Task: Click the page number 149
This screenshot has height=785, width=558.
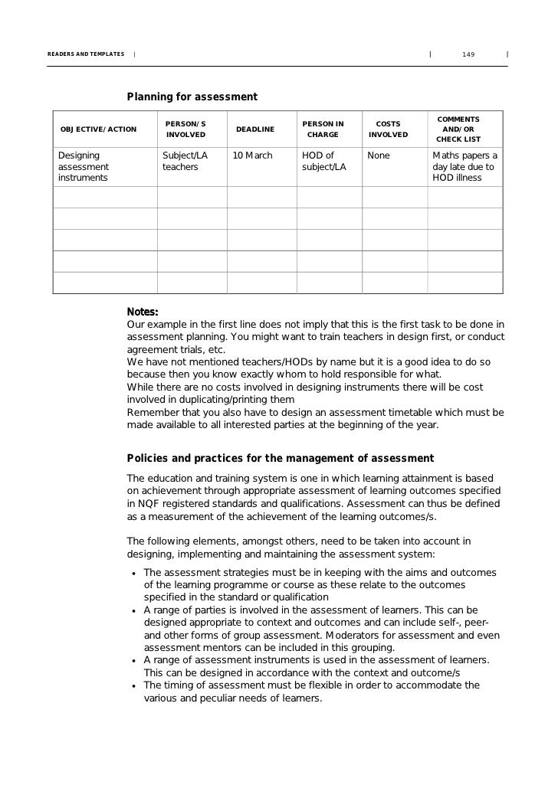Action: (x=468, y=54)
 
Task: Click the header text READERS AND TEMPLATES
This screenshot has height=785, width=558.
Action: (x=86, y=54)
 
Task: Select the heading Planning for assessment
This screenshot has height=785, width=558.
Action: (x=192, y=96)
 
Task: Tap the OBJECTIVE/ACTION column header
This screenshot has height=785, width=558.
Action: (x=98, y=129)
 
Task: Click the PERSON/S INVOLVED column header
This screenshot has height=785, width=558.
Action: (x=185, y=129)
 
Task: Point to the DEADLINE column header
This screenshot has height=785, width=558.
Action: (x=255, y=129)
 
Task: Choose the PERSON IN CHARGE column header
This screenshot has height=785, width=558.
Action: (x=323, y=129)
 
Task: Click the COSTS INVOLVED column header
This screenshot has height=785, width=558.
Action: (x=388, y=129)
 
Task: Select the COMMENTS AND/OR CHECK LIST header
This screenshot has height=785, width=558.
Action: (x=458, y=129)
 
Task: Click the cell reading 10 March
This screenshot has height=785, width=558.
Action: (x=252, y=155)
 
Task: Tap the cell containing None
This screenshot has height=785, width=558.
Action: (x=379, y=155)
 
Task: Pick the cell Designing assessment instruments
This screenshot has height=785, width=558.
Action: (x=84, y=167)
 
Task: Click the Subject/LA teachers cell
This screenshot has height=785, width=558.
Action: (x=185, y=161)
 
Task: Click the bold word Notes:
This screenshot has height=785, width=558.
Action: (x=143, y=312)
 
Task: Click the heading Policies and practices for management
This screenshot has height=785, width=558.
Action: (x=280, y=459)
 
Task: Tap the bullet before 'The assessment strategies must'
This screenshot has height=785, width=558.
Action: (x=134, y=574)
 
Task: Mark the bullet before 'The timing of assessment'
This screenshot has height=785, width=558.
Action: (x=134, y=686)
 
